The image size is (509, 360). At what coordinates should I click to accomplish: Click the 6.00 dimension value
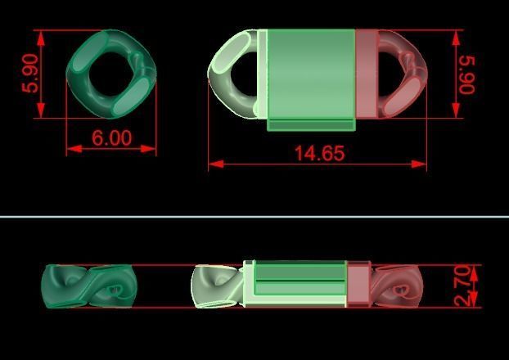click(111, 138)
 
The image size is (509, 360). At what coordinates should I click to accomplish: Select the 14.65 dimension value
click(320, 153)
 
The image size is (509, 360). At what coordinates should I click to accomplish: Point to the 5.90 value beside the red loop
click(467, 74)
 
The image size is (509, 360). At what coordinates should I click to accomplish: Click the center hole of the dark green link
click(110, 74)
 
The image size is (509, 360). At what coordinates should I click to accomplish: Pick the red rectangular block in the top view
click(366, 74)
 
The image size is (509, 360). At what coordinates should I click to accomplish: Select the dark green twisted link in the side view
click(88, 286)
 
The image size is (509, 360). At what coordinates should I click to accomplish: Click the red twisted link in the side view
click(398, 286)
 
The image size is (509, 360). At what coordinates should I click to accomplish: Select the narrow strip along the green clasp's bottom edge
click(311, 125)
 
